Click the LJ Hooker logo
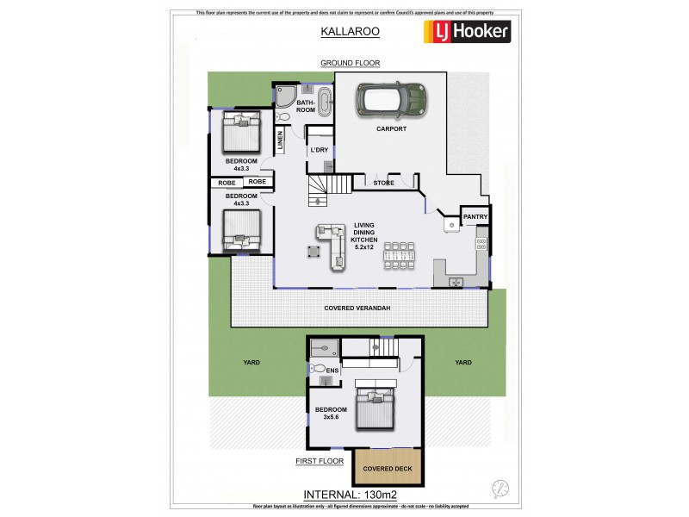coord(468,32)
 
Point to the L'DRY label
coord(320,150)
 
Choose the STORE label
coord(383,183)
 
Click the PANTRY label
coord(476,215)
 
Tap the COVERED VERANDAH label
coord(360,308)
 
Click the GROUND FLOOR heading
coord(350,63)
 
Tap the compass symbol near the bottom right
coord(498,487)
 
